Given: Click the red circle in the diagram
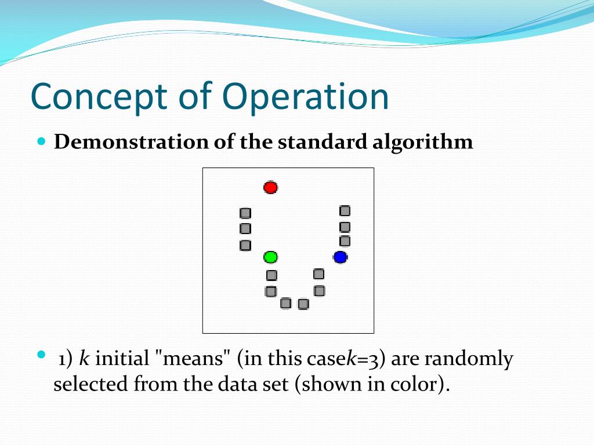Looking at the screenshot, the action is (x=270, y=187).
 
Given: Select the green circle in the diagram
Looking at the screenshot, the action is (x=270, y=257).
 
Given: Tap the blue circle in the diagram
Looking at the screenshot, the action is (x=340, y=257).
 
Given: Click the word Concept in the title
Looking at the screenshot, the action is (x=99, y=97).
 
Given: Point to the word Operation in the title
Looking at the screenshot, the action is (x=305, y=97).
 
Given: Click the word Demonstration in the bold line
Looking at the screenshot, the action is (x=131, y=142).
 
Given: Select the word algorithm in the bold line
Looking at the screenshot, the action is (x=422, y=143).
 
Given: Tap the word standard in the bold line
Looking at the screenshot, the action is (x=323, y=142).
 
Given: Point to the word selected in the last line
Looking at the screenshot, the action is (x=90, y=385).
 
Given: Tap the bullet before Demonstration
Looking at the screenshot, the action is (x=42, y=141).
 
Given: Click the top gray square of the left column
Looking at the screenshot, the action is (x=245, y=213).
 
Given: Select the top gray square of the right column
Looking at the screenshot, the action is (x=345, y=211).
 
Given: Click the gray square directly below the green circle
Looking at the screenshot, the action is (x=271, y=275).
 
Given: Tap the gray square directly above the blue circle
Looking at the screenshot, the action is (x=345, y=241).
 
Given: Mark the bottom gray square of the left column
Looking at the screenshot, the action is (x=245, y=245).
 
